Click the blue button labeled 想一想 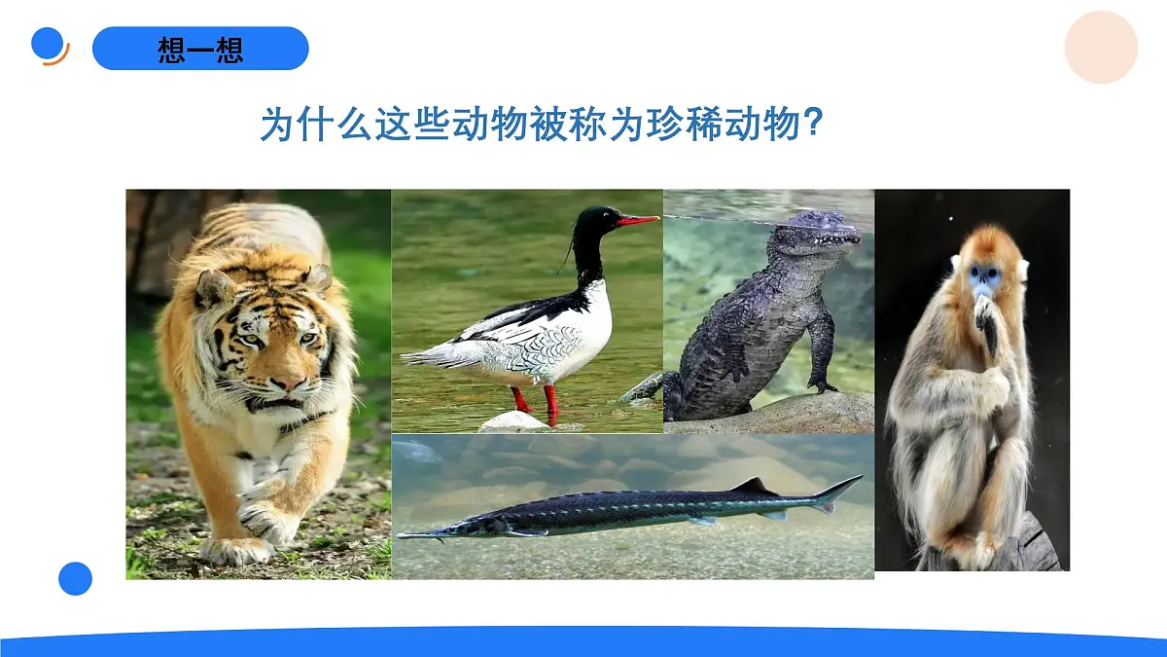pos(200,49)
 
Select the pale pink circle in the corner pos(1101,47)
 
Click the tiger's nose pos(287,383)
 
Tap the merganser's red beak pos(638,221)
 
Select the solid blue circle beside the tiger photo pos(75,578)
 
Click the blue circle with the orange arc pos(49,44)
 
